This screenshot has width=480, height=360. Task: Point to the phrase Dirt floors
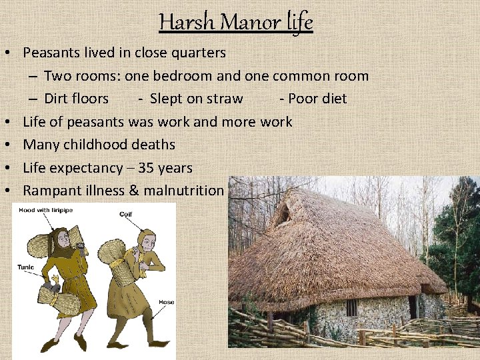click(x=76, y=99)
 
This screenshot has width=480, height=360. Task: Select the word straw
click(x=225, y=99)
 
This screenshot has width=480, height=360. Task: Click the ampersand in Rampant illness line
click(x=134, y=190)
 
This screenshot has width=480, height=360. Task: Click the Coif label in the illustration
click(x=126, y=215)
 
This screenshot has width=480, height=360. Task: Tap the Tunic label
click(x=27, y=267)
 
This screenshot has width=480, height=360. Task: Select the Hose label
click(x=166, y=302)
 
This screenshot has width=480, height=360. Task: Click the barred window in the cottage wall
click(x=351, y=307)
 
